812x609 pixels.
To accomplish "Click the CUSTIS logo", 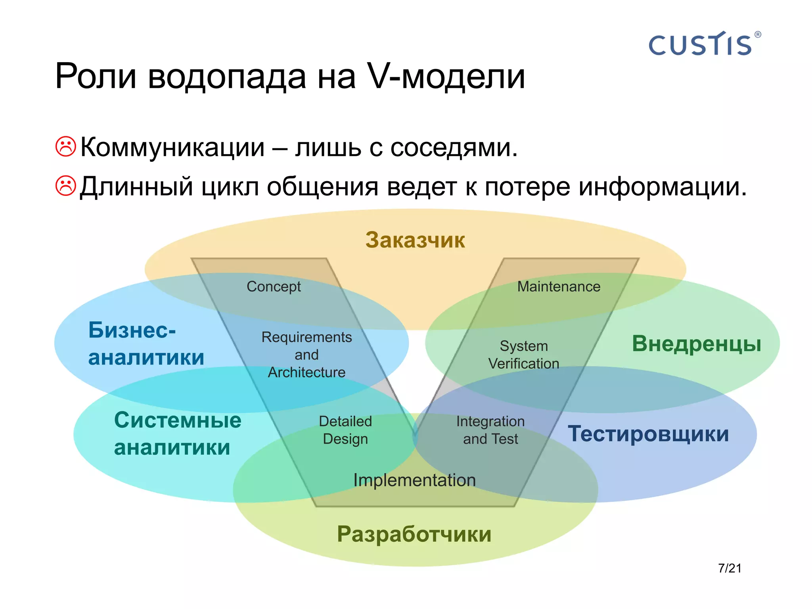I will coord(700,44).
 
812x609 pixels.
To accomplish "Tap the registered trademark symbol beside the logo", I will coord(758,34).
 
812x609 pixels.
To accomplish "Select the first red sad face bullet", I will coord(65,147).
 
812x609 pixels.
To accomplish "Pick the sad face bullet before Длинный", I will coord(65,186).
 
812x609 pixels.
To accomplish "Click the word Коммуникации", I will coord(172,147).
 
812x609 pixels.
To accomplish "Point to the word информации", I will coord(663,186).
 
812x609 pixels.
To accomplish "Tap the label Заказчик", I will coord(415,240).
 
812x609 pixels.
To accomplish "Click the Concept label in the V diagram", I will coord(274,286).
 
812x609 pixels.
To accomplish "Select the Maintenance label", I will coord(558,286).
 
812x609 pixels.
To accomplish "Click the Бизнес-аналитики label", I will coord(146,343).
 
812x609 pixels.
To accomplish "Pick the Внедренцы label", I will coord(696,343).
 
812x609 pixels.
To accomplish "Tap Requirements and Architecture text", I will coord(306,354).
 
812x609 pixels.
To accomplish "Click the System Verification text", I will coord(523,354).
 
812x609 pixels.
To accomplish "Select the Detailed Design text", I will coord(345,430).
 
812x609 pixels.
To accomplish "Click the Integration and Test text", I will coord(490,430).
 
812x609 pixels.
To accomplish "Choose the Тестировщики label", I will coord(648,433).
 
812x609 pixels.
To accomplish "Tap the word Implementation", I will coord(414,480).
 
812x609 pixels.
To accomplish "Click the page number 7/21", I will coord(730,568).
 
